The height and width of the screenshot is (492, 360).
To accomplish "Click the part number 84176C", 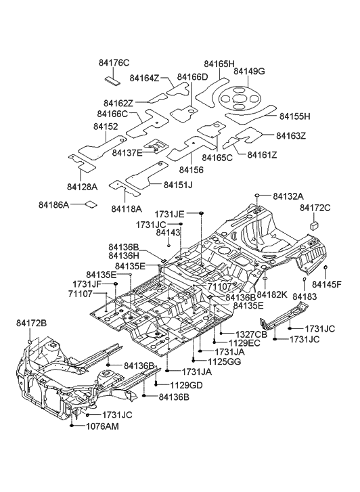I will point(115,64).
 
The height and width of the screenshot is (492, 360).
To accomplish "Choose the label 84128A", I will point(83,186).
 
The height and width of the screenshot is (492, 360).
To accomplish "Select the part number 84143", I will point(168,232).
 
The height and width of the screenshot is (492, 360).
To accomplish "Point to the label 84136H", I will point(123,256).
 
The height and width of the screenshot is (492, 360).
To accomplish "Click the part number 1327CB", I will point(252,334).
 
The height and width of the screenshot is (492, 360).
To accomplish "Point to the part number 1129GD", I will point(186,384).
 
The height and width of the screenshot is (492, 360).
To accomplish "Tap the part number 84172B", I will point(32,323).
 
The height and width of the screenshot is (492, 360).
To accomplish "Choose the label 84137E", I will point(127,153).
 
